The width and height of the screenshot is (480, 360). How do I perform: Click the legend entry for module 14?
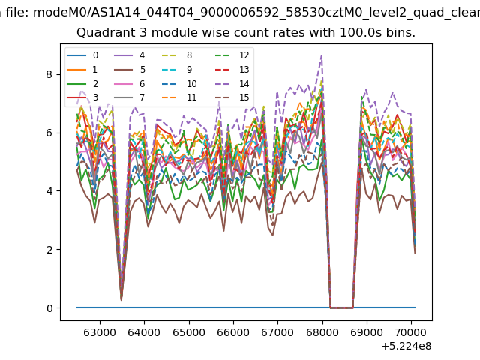232,83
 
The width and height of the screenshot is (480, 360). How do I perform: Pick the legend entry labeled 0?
82,55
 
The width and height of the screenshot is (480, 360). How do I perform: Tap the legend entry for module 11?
178,97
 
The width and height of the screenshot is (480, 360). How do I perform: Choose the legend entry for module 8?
177,55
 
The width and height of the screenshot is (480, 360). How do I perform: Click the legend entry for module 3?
82,97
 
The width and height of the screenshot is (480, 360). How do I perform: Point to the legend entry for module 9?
177,70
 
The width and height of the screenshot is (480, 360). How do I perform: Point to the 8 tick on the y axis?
49,74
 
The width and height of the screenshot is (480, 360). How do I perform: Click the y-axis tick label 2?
49,250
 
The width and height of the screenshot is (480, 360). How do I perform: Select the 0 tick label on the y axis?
49,308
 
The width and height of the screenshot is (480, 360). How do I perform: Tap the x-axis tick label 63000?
100,332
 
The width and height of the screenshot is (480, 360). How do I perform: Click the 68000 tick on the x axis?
322,332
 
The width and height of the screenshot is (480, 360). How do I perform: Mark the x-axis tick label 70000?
411,332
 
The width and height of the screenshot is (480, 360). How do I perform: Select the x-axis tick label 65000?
189,332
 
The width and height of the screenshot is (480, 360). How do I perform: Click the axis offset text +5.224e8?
406,346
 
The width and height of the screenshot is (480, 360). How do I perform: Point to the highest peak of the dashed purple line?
322,55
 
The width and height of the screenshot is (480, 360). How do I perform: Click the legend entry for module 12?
232,55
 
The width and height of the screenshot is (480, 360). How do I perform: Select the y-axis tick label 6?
49,133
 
